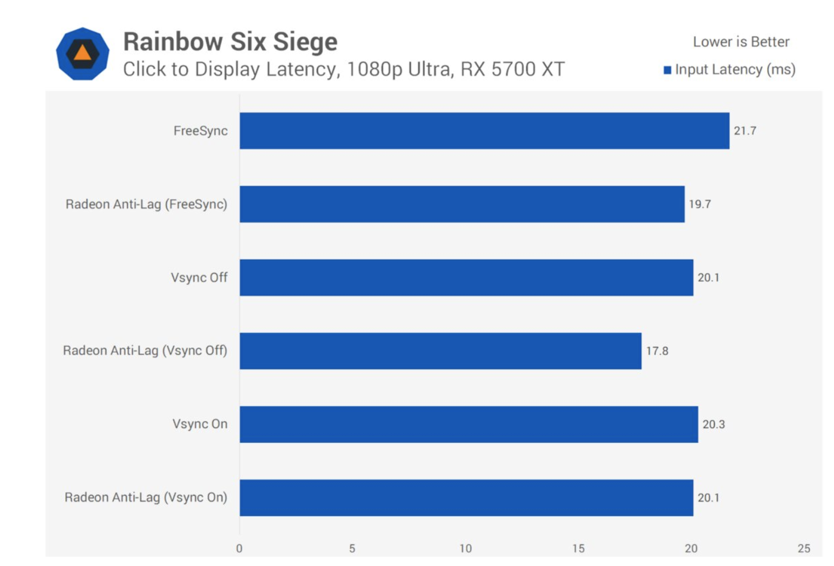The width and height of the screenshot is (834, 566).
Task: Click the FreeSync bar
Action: click(484, 131)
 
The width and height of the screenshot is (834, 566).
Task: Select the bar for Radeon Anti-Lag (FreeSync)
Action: click(462, 204)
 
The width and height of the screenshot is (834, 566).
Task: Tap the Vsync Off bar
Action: click(466, 277)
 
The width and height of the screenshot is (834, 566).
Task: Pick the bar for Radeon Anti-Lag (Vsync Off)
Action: click(441, 351)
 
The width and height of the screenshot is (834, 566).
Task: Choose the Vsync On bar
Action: click(469, 424)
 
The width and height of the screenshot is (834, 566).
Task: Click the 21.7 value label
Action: click(745, 131)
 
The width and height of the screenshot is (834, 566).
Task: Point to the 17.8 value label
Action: click(657, 351)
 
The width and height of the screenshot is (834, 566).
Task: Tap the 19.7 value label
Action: click(700, 204)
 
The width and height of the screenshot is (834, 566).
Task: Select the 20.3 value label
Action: click(714, 424)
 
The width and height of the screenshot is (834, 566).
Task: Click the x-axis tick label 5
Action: click(352, 548)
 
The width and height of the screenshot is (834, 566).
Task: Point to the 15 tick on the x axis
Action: click(578, 548)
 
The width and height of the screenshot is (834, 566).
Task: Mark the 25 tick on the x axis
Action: click(804, 548)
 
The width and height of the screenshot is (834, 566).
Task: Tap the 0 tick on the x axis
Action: click(239, 548)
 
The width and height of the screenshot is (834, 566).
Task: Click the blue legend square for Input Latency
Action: click(667, 70)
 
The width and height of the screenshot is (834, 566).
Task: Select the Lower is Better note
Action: click(741, 42)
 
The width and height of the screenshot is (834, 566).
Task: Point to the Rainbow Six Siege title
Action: click(231, 41)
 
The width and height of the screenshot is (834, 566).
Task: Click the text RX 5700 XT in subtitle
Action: click(513, 69)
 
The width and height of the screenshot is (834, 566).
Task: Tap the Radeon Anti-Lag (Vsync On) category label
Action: click(146, 498)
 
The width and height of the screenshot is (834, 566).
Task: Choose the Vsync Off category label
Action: click(199, 277)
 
